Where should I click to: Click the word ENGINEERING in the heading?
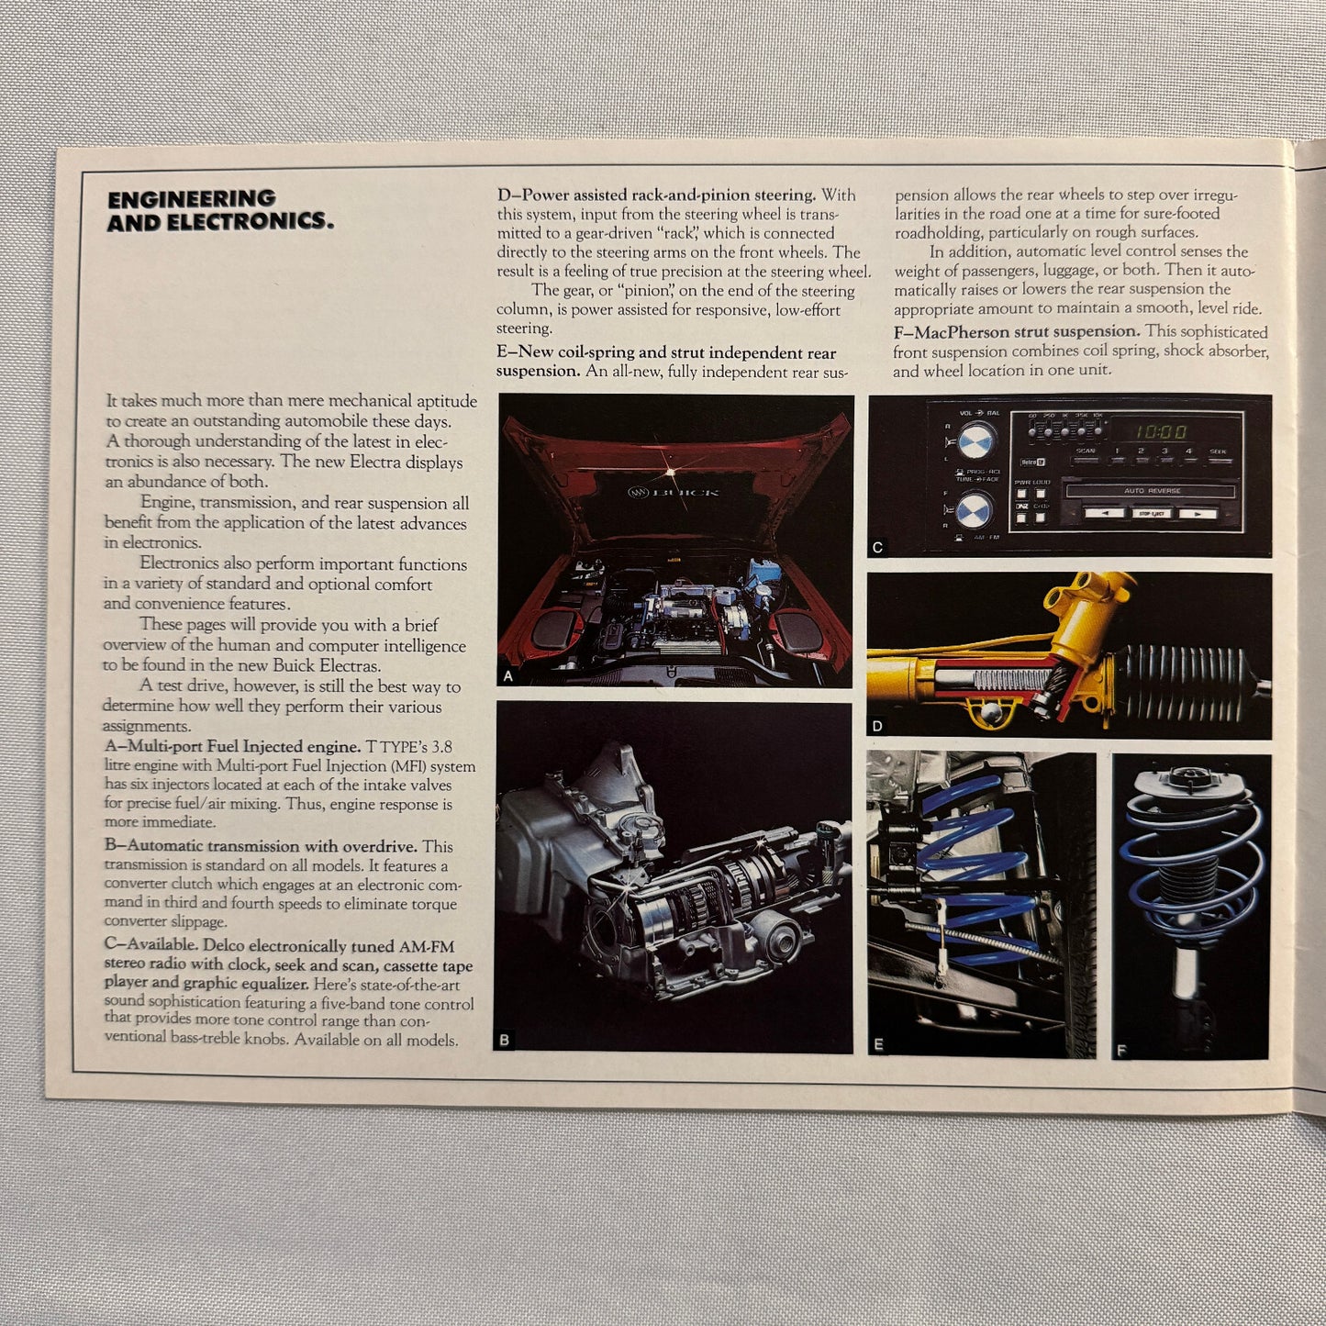pyautogui.click(x=191, y=198)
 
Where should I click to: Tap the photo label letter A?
pyautogui.click(x=508, y=676)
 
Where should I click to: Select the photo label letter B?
pyautogui.click(x=504, y=1040)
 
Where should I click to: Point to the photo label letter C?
pyautogui.click(x=877, y=547)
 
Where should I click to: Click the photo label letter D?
pyautogui.click(x=877, y=726)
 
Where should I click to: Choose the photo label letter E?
pyautogui.click(x=878, y=1044)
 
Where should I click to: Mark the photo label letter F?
pyautogui.click(x=1121, y=1051)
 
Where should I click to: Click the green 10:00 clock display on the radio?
pyautogui.click(x=1160, y=430)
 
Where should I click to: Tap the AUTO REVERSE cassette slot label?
pyautogui.click(x=1152, y=491)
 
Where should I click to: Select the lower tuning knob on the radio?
pyautogui.click(x=974, y=508)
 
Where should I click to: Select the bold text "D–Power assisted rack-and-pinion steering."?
pyautogui.click(x=656, y=195)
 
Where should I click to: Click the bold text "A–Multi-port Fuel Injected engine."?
pyautogui.click(x=233, y=746)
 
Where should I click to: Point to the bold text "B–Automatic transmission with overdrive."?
pyautogui.click(x=262, y=846)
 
